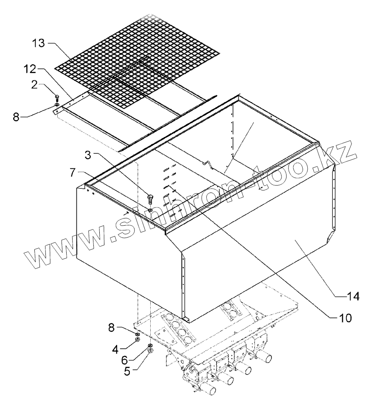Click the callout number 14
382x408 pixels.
pyautogui.click(x=354, y=296)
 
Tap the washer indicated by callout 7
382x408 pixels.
pyautogui.click(x=151, y=210)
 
